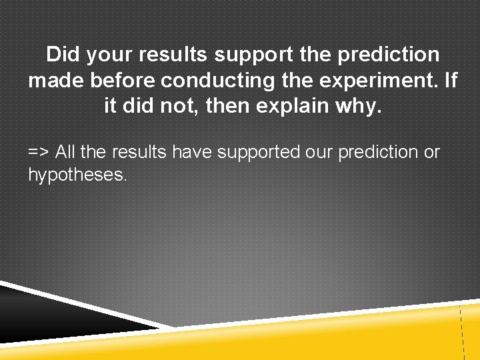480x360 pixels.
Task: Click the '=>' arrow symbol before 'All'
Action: coord(38,152)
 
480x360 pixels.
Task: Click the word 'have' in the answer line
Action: coord(191,152)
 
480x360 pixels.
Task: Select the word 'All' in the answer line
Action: coord(66,152)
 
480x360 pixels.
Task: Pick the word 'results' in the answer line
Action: coord(140,152)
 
